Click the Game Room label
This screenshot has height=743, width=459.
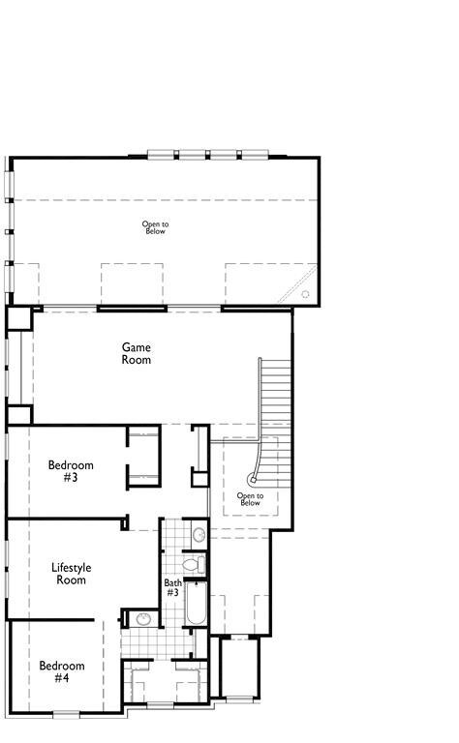point(136,353)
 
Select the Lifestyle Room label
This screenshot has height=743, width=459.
point(70,574)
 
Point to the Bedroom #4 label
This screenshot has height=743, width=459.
point(62,672)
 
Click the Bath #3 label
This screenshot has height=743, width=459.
point(172,587)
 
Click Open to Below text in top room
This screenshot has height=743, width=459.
point(154,227)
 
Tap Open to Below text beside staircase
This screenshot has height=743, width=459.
point(250,499)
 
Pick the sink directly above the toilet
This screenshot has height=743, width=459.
point(198,533)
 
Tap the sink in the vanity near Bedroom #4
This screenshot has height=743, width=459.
point(143,619)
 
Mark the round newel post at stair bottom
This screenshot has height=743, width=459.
point(254,477)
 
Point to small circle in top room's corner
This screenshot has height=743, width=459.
point(306,294)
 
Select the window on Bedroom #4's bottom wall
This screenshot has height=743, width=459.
point(66,714)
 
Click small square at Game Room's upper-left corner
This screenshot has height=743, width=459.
point(18,319)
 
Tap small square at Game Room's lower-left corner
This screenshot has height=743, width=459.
point(18,414)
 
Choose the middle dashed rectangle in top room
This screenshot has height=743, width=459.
point(130,283)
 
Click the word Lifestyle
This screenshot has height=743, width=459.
point(70,568)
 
